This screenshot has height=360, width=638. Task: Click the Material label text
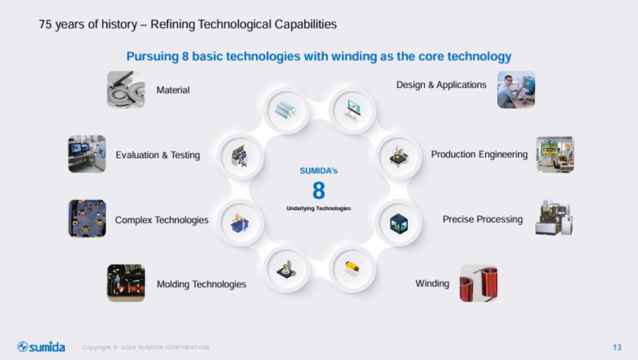[173, 90]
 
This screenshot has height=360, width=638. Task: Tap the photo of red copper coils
[478, 283]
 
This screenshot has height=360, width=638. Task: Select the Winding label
[432, 284]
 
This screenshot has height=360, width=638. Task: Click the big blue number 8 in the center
[318, 190]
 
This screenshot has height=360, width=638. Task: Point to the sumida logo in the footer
[41, 347]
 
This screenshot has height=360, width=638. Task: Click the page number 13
[617, 348]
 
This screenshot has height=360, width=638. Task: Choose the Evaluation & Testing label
[158, 155]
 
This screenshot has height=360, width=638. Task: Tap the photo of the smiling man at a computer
[516, 90]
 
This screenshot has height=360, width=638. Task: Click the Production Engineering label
[479, 154]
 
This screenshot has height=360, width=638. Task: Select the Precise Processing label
[483, 219]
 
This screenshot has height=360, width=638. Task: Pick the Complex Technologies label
[162, 220]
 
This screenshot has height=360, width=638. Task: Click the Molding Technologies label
[201, 284]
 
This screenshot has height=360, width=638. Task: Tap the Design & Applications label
[442, 84]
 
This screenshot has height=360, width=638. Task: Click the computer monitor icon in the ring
[352, 110]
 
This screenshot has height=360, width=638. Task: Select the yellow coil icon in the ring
[352, 269]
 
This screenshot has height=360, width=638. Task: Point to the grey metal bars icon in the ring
[286, 109]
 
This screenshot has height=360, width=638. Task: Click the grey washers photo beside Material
[126, 90]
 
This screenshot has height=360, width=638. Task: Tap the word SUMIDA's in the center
[318, 171]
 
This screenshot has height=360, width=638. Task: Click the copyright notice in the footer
[146, 348]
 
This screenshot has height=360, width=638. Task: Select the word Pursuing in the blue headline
[153, 57]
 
